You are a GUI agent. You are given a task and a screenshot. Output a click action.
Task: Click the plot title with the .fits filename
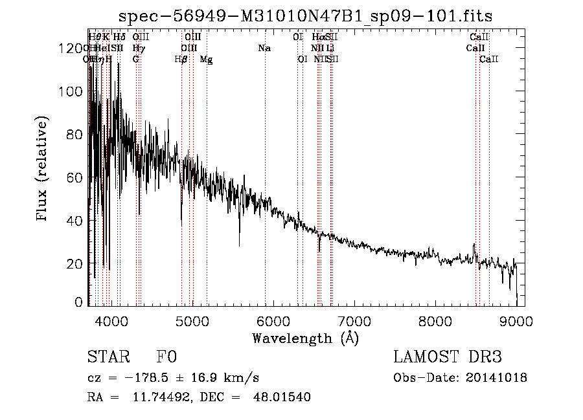[310, 16]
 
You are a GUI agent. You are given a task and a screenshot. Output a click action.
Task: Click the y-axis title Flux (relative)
[43, 169]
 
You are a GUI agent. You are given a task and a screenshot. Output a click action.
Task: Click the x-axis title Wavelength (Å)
[305, 338]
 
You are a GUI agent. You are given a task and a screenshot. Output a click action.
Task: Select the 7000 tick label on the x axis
[354, 321]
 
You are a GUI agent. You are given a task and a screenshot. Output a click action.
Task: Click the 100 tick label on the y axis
[74, 92]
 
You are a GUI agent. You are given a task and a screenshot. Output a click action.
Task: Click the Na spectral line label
[264, 48]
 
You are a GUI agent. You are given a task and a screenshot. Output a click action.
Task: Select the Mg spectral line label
[206, 60]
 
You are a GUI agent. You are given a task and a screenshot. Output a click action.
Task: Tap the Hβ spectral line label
[181, 60]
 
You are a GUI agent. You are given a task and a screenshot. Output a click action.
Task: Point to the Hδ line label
[119, 37]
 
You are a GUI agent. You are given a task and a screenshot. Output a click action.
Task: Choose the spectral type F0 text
[166, 358]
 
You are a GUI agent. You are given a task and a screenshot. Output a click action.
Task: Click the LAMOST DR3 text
[448, 358]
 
